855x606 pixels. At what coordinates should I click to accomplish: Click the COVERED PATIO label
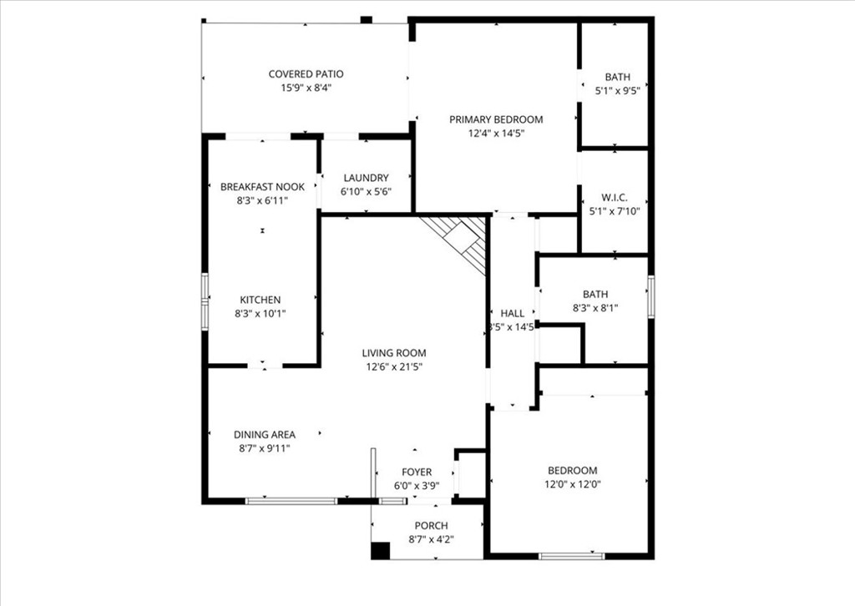click(306, 74)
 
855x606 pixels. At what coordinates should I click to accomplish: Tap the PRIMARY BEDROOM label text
click(496, 119)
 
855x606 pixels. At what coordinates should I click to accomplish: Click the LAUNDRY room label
click(365, 178)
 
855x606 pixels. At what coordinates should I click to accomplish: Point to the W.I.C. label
click(614, 198)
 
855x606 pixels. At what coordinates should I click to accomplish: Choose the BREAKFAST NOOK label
click(262, 187)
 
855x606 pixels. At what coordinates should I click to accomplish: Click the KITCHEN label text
click(261, 300)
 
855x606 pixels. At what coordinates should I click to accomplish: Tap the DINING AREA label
click(264, 434)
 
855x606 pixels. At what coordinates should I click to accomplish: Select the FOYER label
click(416, 472)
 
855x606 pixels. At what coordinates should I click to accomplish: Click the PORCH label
click(431, 525)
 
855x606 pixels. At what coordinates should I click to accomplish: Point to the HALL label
click(512, 313)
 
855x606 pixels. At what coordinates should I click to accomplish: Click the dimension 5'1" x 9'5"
click(617, 90)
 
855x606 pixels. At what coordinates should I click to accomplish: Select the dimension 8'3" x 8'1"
click(595, 308)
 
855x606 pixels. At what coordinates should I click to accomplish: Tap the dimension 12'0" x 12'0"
click(572, 483)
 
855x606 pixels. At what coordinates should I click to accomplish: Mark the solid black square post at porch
click(380, 551)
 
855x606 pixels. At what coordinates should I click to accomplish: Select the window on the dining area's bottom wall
click(291, 501)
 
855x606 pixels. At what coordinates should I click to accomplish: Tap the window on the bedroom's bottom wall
click(572, 556)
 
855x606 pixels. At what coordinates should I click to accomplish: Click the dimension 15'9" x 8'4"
click(306, 88)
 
